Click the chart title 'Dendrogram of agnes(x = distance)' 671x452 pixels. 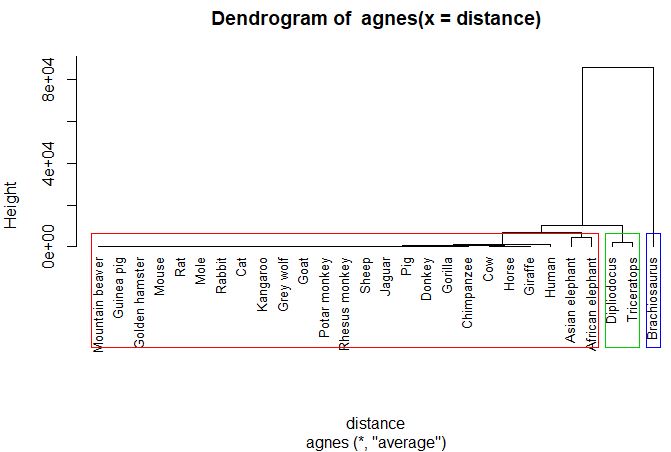(376, 19)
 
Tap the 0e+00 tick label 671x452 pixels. (45, 246)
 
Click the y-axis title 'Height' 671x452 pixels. (13, 205)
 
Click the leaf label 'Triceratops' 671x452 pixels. (632, 290)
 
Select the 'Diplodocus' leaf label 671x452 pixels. (611, 290)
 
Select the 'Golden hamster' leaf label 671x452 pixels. (140, 301)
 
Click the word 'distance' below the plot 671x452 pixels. (376, 423)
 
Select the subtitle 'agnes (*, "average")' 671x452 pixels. (376, 440)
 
